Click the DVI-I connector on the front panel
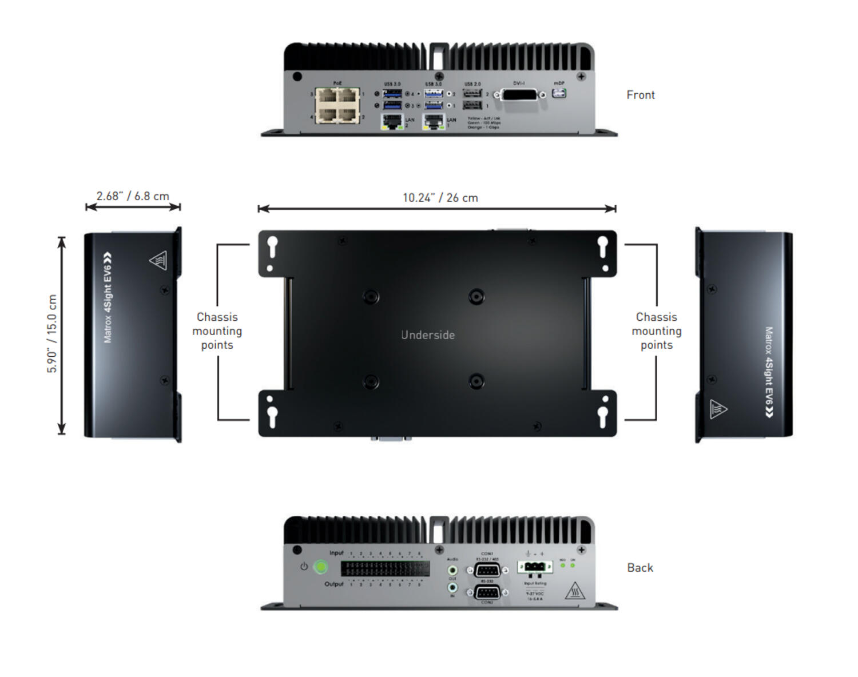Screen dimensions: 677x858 519,95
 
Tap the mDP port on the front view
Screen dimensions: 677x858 559,93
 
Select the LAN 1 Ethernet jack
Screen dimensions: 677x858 434,121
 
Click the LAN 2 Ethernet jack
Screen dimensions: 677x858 392,121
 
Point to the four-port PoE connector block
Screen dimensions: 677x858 337,105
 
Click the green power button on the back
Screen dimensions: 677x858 321,567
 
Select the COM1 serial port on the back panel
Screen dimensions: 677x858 487,570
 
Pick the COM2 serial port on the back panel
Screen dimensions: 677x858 487,592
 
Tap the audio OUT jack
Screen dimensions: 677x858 452,570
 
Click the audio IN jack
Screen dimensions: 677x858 452,587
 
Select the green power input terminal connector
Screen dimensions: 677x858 535,567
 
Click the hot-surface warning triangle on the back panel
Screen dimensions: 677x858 574,591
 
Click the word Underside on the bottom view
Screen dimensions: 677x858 428,335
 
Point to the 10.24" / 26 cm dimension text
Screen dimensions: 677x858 440,198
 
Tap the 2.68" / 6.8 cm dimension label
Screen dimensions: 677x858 133,196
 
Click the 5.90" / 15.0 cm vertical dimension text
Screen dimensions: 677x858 52,334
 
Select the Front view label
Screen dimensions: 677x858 640,95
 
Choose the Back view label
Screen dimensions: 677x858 640,568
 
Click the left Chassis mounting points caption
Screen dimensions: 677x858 217,331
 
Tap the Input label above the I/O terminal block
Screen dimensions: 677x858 336,553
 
